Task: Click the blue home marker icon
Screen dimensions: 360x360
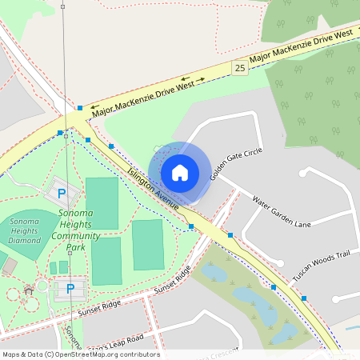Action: click(x=180, y=172)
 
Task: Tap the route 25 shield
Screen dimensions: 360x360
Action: click(x=240, y=68)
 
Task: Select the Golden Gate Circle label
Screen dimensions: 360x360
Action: click(x=236, y=162)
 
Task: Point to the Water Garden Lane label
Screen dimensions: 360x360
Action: click(x=280, y=211)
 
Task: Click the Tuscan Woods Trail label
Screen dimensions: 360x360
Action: click(x=321, y=265)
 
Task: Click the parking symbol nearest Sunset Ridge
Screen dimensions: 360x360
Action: click(x=70, y=288)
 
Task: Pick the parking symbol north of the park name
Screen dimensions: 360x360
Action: click(x=62, y=193)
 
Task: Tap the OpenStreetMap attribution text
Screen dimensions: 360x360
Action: click(x=80, y=354)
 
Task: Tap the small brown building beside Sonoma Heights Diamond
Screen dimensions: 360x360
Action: click(x=9, y=266)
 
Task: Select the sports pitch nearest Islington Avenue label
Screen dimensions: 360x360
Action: click(x=102, y=204)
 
